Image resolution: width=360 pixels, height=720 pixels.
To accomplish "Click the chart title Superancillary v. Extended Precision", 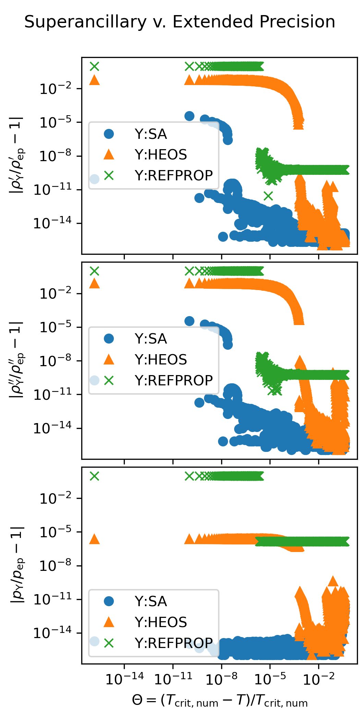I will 180,22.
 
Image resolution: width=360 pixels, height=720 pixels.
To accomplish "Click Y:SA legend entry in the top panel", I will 151,134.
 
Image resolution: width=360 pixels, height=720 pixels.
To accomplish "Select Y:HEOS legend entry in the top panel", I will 161,155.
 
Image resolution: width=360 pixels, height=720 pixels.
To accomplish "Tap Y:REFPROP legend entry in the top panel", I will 173,175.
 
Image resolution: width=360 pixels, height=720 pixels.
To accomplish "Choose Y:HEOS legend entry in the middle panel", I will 161,360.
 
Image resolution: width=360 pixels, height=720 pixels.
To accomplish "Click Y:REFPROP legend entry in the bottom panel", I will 173,643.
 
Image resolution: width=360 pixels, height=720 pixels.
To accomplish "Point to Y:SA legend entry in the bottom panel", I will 151,601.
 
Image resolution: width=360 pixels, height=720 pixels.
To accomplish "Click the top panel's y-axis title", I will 16,155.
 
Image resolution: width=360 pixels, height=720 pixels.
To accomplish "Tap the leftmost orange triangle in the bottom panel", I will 94,539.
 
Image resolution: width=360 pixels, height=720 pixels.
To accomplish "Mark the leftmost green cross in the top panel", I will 94,66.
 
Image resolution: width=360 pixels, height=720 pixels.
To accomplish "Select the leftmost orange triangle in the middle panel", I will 94,284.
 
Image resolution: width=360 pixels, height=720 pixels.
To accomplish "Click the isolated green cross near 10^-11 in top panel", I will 268,196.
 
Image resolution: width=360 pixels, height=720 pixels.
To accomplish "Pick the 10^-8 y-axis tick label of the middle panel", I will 56,361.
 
